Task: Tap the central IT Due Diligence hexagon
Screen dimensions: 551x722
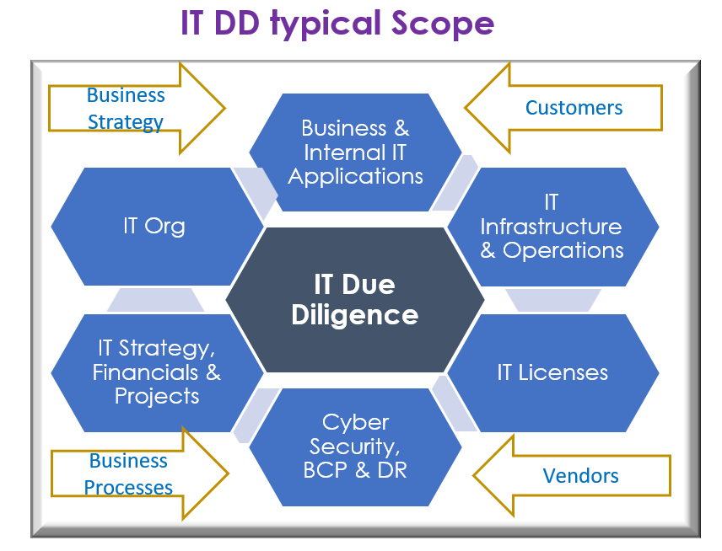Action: (355, 299)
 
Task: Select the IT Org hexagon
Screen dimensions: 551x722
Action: (154, 226)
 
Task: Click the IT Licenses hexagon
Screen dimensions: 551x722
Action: (552, 372)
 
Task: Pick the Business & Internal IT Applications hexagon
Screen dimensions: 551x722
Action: (355, 152)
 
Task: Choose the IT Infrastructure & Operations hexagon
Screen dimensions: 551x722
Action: (552, 226)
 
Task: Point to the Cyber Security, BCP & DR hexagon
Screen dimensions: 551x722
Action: (355, 447)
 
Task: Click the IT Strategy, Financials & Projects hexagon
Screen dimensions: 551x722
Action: (157, 372)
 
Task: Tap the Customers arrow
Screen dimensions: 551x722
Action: (565, 108)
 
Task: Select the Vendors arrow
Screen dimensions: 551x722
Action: (574, 475)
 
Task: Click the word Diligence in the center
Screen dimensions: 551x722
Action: (355, 315)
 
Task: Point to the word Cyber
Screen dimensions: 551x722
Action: (355, 422)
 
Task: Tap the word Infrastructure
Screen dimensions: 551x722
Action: (551, 227)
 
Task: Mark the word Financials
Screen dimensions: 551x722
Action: (145, 372)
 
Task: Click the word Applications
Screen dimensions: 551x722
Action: (355, 176)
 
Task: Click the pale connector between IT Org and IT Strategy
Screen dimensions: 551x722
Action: (155, 300)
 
